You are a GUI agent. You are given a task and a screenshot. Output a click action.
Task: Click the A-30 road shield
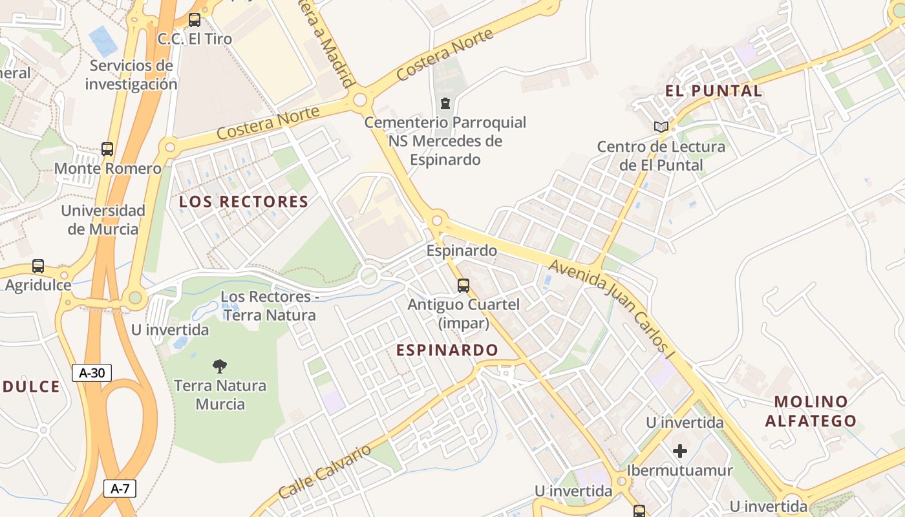tap(92, 373)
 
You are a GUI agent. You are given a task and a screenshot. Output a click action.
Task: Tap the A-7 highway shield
tap(120, 489)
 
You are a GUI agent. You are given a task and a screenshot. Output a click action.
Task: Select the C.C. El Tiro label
tap(195, 39)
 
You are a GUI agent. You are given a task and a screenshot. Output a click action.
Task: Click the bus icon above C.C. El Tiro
tap(195, 20)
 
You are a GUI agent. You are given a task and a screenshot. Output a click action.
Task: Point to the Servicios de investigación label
tap(131, 75)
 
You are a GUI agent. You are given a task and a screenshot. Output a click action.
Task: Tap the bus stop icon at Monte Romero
tap(107, 149)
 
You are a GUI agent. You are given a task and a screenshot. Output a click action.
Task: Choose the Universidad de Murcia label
tap(103, 220)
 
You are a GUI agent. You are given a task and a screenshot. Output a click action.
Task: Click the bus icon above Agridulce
tap(38, 266)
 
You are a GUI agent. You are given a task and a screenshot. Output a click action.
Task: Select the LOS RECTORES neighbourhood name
tap(244, 202)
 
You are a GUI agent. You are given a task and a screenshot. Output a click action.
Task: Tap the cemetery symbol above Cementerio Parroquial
tap(445, 103)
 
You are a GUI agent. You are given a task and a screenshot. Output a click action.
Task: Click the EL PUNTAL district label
tap(714, 91)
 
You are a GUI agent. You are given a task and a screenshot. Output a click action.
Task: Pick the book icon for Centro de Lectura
tap(661, 127)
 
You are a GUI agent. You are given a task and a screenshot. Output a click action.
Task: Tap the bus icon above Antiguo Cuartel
tap(463, 285)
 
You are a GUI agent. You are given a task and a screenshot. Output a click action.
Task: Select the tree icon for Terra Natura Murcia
tap(220, 366)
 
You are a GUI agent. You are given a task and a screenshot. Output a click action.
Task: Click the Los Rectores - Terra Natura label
tap(269, 306)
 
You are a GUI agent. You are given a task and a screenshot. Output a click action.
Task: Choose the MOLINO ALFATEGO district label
tap(811, 412)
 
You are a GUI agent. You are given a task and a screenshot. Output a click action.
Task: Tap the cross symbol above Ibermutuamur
tap(679, 451)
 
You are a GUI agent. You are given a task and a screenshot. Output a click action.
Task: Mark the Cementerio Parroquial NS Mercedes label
tap(445, 141)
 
